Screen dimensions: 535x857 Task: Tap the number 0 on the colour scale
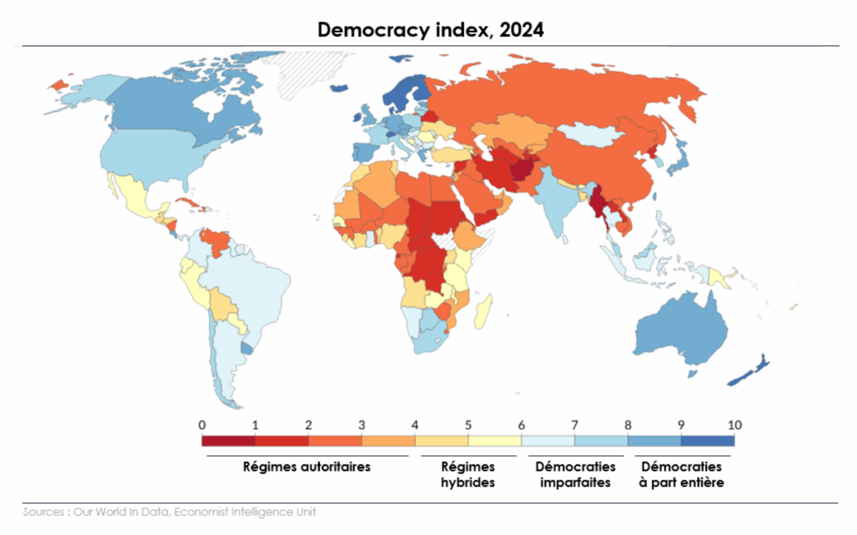(202, 425)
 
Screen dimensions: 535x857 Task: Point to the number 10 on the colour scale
(734, 425)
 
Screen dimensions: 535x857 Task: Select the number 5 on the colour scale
(468, 425)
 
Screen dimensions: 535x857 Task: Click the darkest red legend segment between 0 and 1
(228, 441)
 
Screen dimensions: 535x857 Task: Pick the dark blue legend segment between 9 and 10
(708, 441)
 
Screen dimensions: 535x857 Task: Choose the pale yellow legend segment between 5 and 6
(495, 441)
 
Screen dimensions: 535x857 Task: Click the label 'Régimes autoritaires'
(307, 467)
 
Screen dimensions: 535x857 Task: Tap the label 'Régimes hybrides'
(468, 474)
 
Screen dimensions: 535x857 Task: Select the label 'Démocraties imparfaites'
(575, 474)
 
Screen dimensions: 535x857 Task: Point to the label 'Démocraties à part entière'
(682, 474)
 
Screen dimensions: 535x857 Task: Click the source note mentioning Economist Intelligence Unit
(169, 512)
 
